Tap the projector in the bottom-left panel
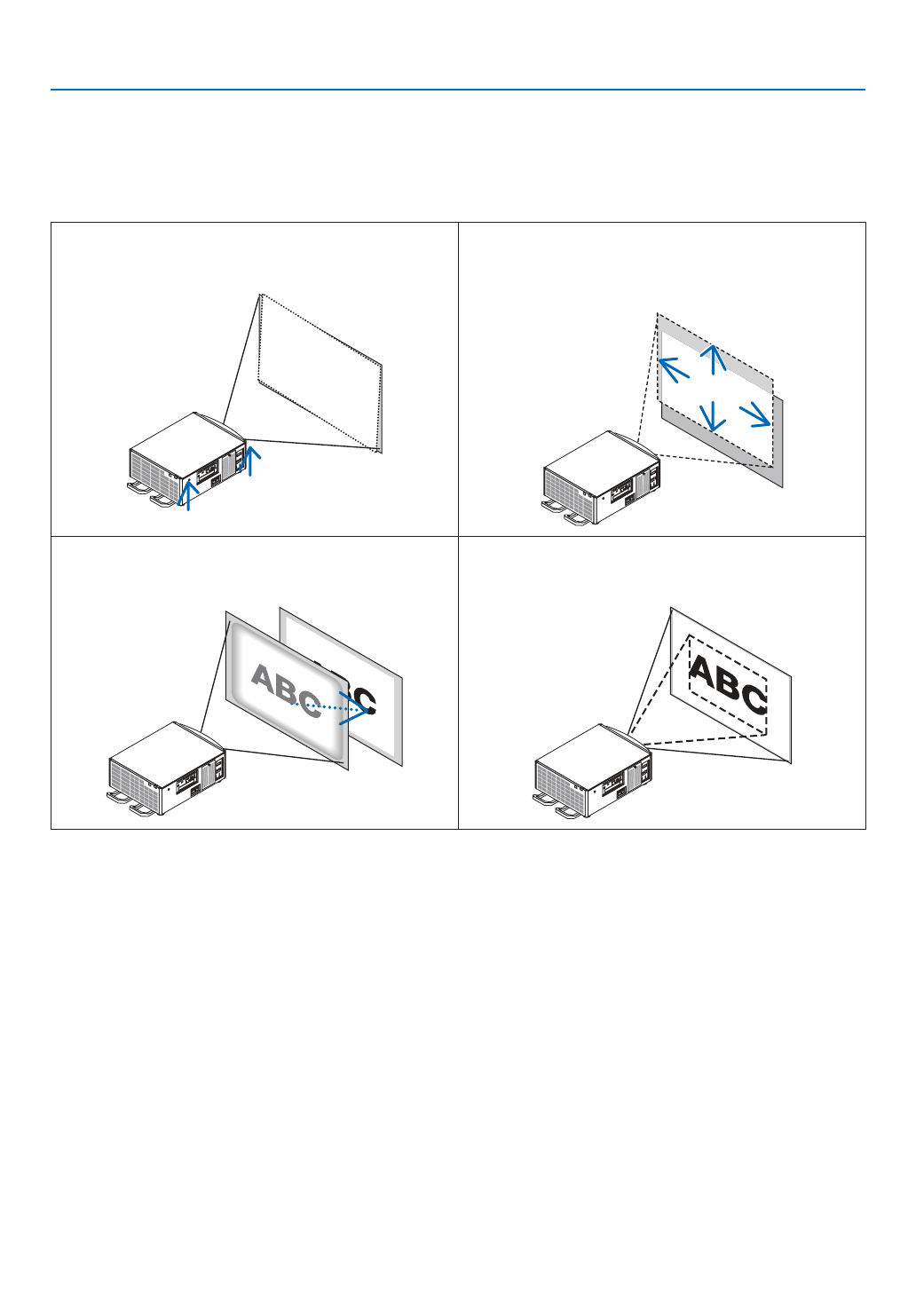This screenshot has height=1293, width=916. point(165,769)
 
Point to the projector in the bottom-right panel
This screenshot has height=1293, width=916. point(591,770)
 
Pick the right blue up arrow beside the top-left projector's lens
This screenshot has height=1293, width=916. point(252,460)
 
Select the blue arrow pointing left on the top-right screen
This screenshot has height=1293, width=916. point(673,367)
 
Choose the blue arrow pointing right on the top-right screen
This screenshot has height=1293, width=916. point(755,414)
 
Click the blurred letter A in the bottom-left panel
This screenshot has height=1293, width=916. point(264,679)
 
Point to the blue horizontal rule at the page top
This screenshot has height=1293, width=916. point(457,90)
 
